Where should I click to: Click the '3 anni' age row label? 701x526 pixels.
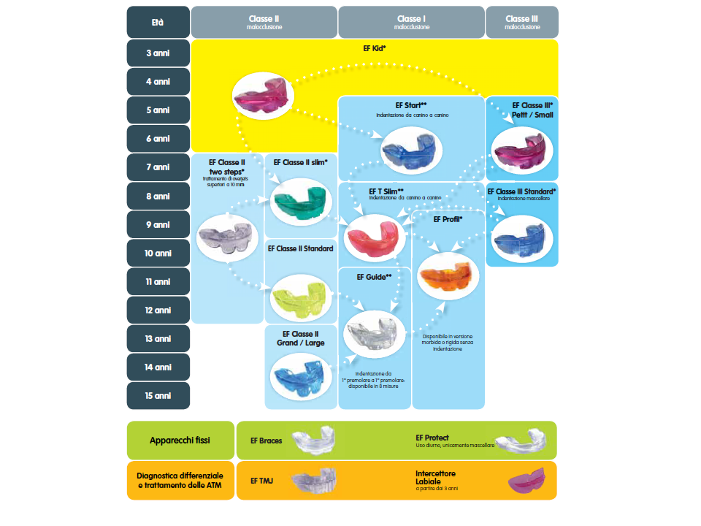pos(158,53)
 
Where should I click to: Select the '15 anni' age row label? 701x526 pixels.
pos(158,396)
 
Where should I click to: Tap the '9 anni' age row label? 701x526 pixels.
pos(158,224)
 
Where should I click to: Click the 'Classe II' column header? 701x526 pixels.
pos(264,22)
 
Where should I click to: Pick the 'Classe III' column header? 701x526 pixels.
pos(521,22)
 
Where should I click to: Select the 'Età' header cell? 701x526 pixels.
pos(158,22)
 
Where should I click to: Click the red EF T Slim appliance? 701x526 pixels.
pos(374,237)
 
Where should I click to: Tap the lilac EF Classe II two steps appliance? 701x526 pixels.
pos(227,237)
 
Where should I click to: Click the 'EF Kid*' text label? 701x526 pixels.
pos(374,48)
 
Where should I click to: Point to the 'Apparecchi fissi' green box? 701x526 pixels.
pos(180,441)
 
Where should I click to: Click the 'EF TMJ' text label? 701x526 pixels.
pos(261,481)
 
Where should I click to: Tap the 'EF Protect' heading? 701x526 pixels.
pos(432,438)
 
